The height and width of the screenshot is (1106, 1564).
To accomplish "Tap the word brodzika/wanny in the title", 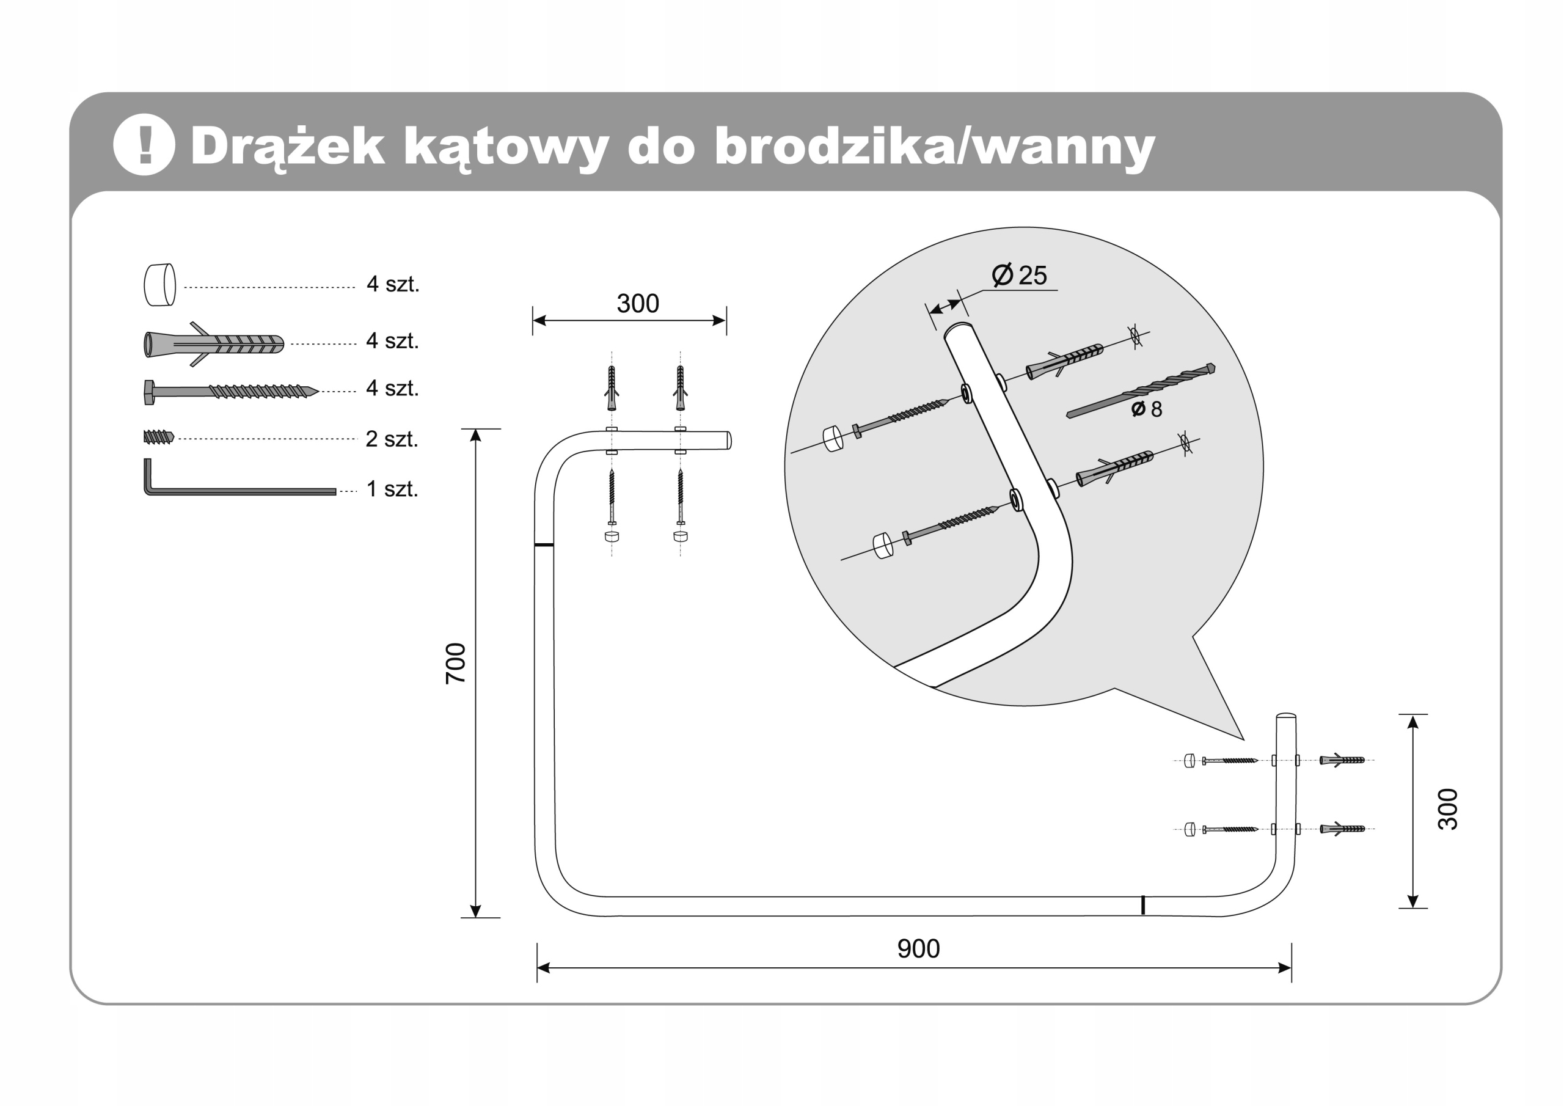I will tap(934, 146).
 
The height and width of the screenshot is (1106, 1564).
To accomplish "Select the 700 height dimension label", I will tap(455, 663).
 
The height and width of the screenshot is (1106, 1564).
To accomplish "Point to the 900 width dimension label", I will tap(918, 948).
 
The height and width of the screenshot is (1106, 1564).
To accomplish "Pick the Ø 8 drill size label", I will tap(1147, 409).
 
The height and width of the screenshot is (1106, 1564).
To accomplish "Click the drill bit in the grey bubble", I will tap(1141, 391).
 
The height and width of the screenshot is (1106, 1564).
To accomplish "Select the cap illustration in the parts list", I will tap(160, 285).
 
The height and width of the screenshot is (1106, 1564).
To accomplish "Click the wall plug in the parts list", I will tap(213, 343).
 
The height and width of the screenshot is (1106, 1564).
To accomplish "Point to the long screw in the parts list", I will tap(230, 392).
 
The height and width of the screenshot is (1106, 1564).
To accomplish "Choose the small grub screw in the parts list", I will tap(159, 437).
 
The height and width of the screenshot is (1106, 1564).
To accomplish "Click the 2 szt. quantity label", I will tap(392, 439).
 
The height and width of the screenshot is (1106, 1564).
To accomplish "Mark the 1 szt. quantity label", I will tap(392, 489).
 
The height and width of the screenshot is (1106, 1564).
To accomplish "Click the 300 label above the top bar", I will tap(638, 304).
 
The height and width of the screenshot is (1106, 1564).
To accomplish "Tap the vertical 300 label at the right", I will tap(1447, 809).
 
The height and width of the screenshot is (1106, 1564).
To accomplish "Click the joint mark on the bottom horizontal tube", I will tap(1143, 905).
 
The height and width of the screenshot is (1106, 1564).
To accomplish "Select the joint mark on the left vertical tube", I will tap(544, 545).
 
